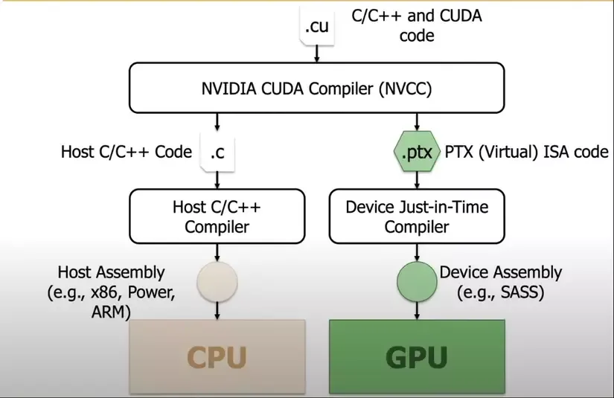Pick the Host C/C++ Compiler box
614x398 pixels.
click(x=216, y=216)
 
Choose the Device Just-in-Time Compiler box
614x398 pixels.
click(x=416, y=216)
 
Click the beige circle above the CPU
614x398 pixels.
click(x=216, y=283)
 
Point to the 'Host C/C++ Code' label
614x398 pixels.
click(x=126, y=153)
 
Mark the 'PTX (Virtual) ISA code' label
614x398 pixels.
click(x=526, y=153)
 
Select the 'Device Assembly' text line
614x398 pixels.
click(x=500, y=273)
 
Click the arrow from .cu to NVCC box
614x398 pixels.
click(x=316, y=54)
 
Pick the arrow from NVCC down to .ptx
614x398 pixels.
click(x=416, y=121)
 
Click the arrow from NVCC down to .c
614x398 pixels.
click(x=217, y=121)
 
